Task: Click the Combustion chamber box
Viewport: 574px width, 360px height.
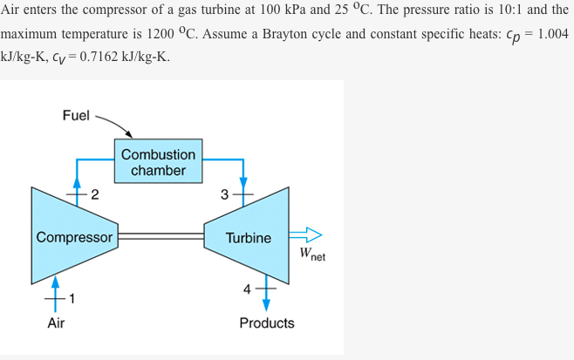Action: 159,161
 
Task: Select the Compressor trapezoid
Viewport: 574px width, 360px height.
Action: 74,237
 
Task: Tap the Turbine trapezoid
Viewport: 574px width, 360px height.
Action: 248,237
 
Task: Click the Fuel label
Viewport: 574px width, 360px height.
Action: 76,115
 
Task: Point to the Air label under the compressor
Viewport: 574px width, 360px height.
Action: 56,323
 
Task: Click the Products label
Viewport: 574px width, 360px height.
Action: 267,323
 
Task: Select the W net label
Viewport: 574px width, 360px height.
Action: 311,255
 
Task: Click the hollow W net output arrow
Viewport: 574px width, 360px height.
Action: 305,234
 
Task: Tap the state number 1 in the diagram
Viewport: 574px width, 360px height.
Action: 73,299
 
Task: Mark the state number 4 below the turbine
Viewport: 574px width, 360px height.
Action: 247,289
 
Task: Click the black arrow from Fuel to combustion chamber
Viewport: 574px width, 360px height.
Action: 115,126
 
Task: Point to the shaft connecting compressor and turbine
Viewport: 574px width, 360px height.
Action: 161,235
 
